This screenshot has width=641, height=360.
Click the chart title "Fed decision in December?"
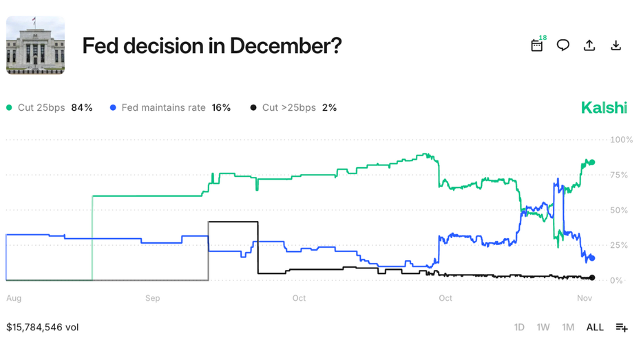(x=212, y=46)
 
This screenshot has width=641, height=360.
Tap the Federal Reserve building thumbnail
(x=35, y=45)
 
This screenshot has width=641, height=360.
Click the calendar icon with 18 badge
(x=537, y=45)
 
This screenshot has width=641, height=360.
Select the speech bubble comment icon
(x=563, y=45)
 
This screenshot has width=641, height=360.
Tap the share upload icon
(x=589, y=45)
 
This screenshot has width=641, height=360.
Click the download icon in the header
(x=616, y=45)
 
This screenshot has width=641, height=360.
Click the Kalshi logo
(x=604, y=107)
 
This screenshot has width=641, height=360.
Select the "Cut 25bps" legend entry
(x=49, y=107)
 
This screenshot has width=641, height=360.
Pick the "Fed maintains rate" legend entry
(x=170, y=107)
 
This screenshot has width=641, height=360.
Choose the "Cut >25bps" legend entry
(x=293, y=107)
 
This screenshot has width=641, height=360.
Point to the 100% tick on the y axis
(x=621, y=140)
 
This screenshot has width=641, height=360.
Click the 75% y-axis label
(x=618, y=175)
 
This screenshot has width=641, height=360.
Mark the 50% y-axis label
(x=618, y=210)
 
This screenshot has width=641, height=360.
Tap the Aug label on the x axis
(x=13, y=298)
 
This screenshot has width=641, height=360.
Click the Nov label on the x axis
(x=585, y=298)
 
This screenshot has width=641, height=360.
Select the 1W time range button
(x=543, y=327)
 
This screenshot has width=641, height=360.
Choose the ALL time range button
(x=595, y=327)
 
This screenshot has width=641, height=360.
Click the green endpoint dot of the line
(x=592, y=162)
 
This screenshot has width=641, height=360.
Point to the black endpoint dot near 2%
(x=592, y=278)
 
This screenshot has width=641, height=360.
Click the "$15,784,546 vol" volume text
(x=43, y=327)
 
